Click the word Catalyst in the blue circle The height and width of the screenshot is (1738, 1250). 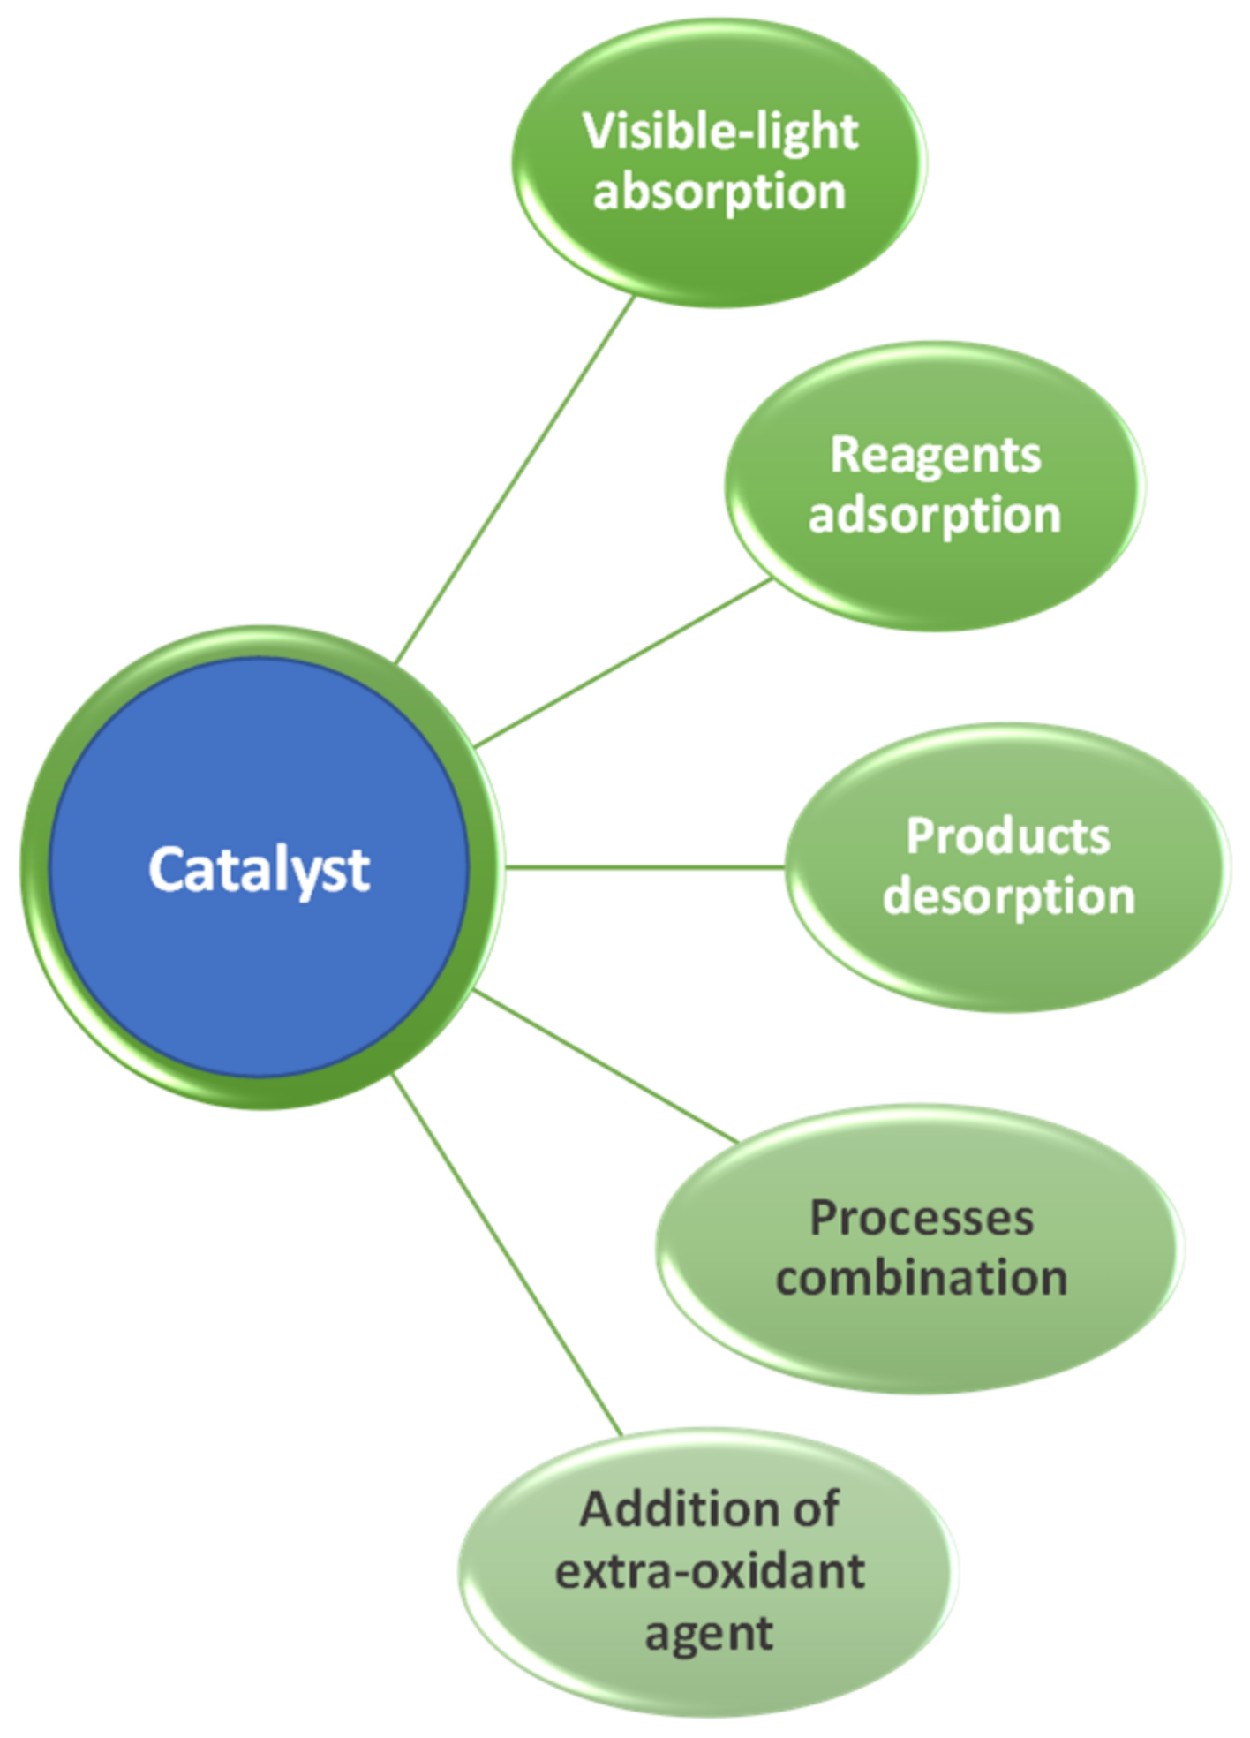[258, 870]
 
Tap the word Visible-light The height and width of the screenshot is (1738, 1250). [719, 132]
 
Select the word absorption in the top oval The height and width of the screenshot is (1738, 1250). [719, 193]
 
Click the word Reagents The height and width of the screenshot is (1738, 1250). [935, 456]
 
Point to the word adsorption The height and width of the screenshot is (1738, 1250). [935, 515]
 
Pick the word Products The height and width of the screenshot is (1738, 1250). [1007, 835]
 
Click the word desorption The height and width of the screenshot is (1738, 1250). [1008, 897]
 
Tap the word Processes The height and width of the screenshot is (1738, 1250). [921, 1218]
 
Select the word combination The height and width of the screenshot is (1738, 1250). [921, 1278]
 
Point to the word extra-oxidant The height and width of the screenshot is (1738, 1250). [709, 1571]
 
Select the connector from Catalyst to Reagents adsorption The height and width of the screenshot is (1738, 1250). [622, 663]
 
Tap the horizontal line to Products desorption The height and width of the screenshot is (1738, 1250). [644, 867]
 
